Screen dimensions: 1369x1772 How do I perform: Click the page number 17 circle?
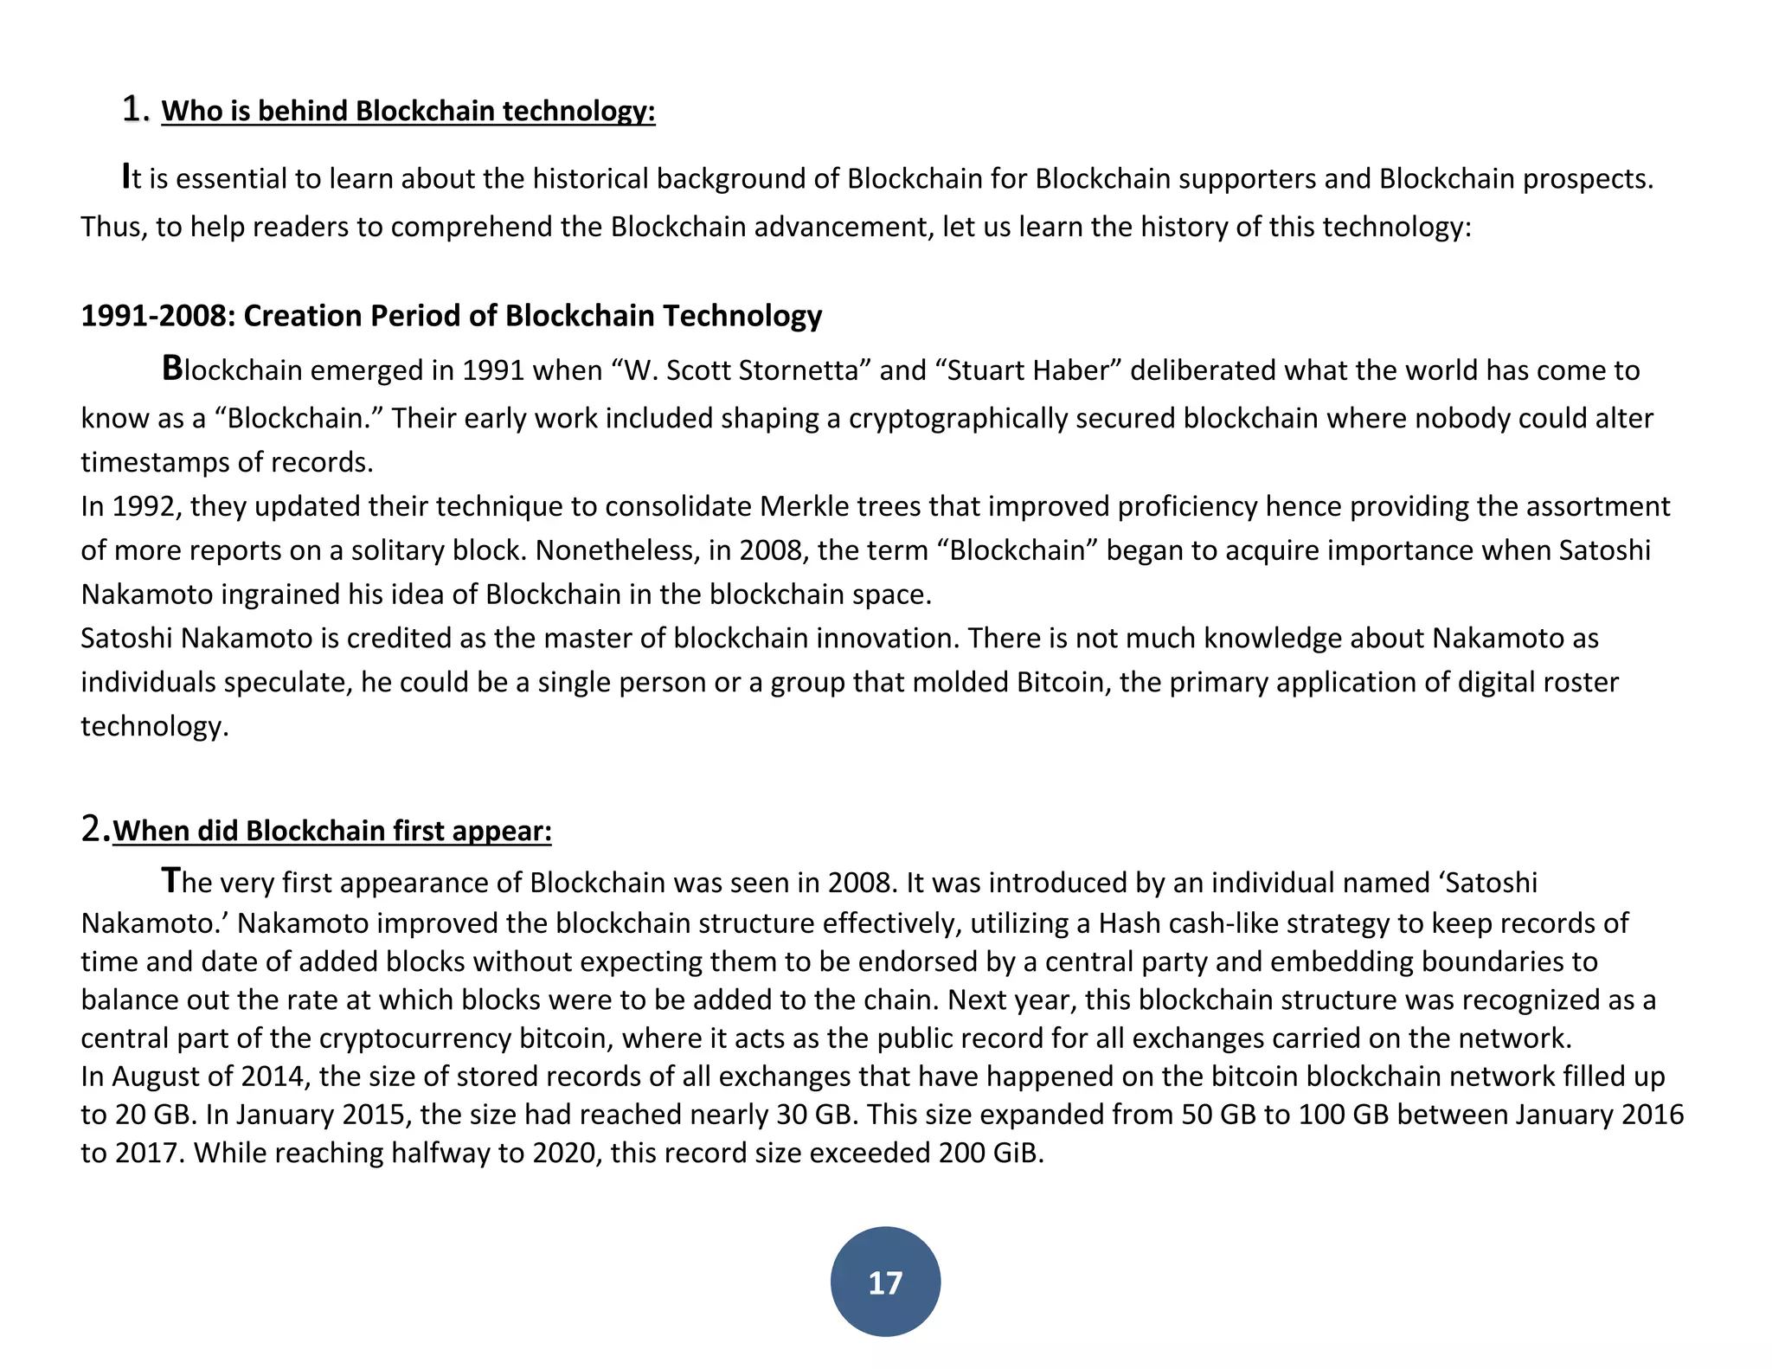pos(885,1282)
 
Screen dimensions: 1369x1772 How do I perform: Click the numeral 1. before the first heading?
pos(137,110)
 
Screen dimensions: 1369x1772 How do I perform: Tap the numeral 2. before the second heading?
pos(95,829)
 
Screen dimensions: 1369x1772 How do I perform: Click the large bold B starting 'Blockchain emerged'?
pos(172,369)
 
